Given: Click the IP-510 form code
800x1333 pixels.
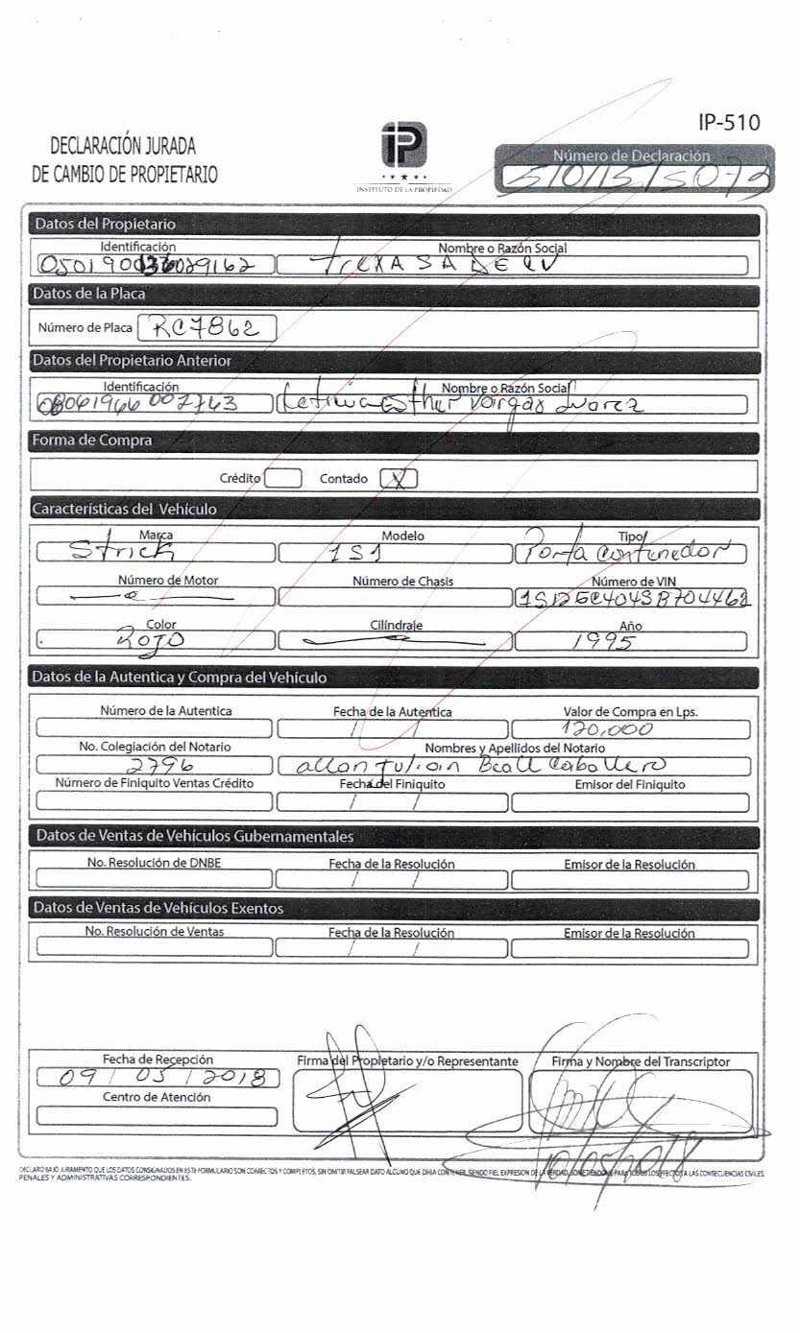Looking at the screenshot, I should pyautogui.click(x=729, y=122).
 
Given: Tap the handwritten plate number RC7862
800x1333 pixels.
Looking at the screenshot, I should pyautogui.click(x=207, y=328).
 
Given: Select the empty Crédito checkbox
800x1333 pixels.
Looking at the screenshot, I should pyautogui.click(x=282, y=478).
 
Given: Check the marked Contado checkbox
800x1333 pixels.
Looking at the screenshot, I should pyautogui.click(x=399, y=478).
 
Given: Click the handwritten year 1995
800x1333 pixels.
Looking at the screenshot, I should pyautogui.click(x=602, y=641).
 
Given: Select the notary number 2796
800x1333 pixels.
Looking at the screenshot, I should pyautogui.click(x=159, y=766).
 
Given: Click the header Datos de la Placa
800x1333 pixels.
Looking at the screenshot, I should pyautogui.click(x=88, y=294).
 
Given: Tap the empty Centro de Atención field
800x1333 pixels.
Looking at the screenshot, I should pyautogui.click(x=157, y=1116).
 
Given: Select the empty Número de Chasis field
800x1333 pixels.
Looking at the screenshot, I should pyautogui.click(x=396, y=598).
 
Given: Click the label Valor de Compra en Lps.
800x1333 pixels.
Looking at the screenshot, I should pyautogui.click(x=630, y=712).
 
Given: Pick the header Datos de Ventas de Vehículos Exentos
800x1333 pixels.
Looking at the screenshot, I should pyautogui.click(x=158, y=908).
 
